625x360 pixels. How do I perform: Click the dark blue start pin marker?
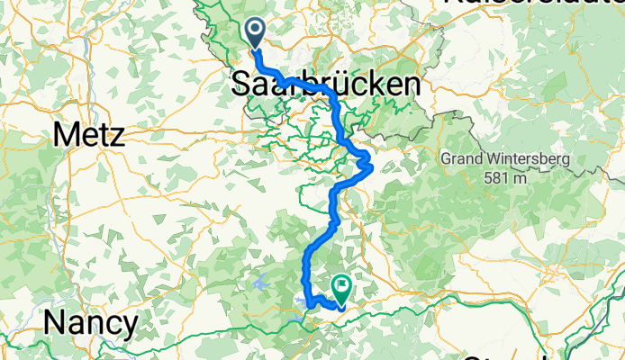pos(255,33)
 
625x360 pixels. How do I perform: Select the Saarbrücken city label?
pos(325,85)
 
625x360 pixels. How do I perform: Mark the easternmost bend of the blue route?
pos(370,165)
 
